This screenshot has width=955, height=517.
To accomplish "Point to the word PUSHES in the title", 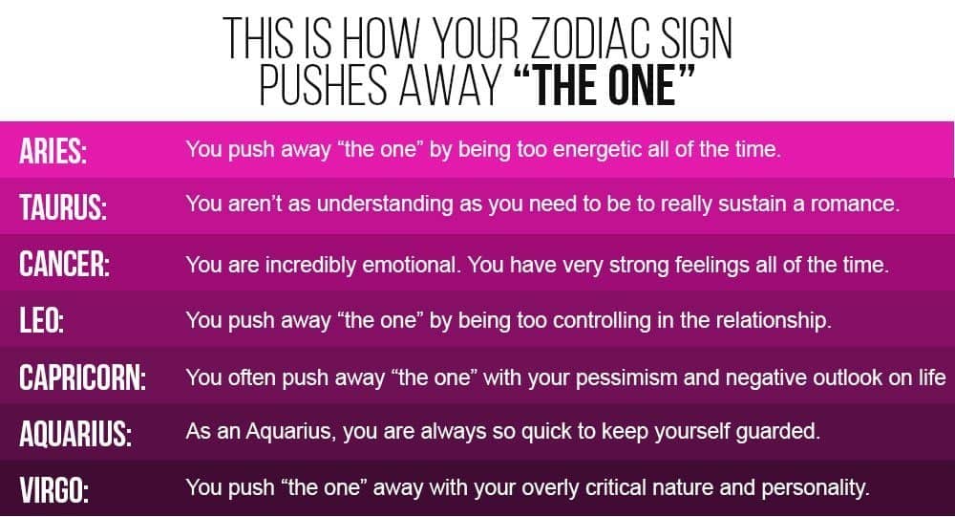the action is [x=323, y=85].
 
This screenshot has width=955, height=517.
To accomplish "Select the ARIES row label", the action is [x=53, y=151].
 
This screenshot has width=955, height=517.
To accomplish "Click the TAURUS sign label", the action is [x=63, y=206].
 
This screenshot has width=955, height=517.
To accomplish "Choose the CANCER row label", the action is [x=65, y=264].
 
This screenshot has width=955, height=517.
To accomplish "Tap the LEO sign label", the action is [x=41, y=320].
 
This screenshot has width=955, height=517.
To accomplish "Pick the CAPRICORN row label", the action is [x=83, y=377].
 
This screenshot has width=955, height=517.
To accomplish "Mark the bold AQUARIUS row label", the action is [x=75, y=434].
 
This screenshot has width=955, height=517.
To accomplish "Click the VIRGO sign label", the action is [x=53, y=490].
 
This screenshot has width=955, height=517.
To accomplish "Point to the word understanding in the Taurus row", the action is [x=385, y=205].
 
